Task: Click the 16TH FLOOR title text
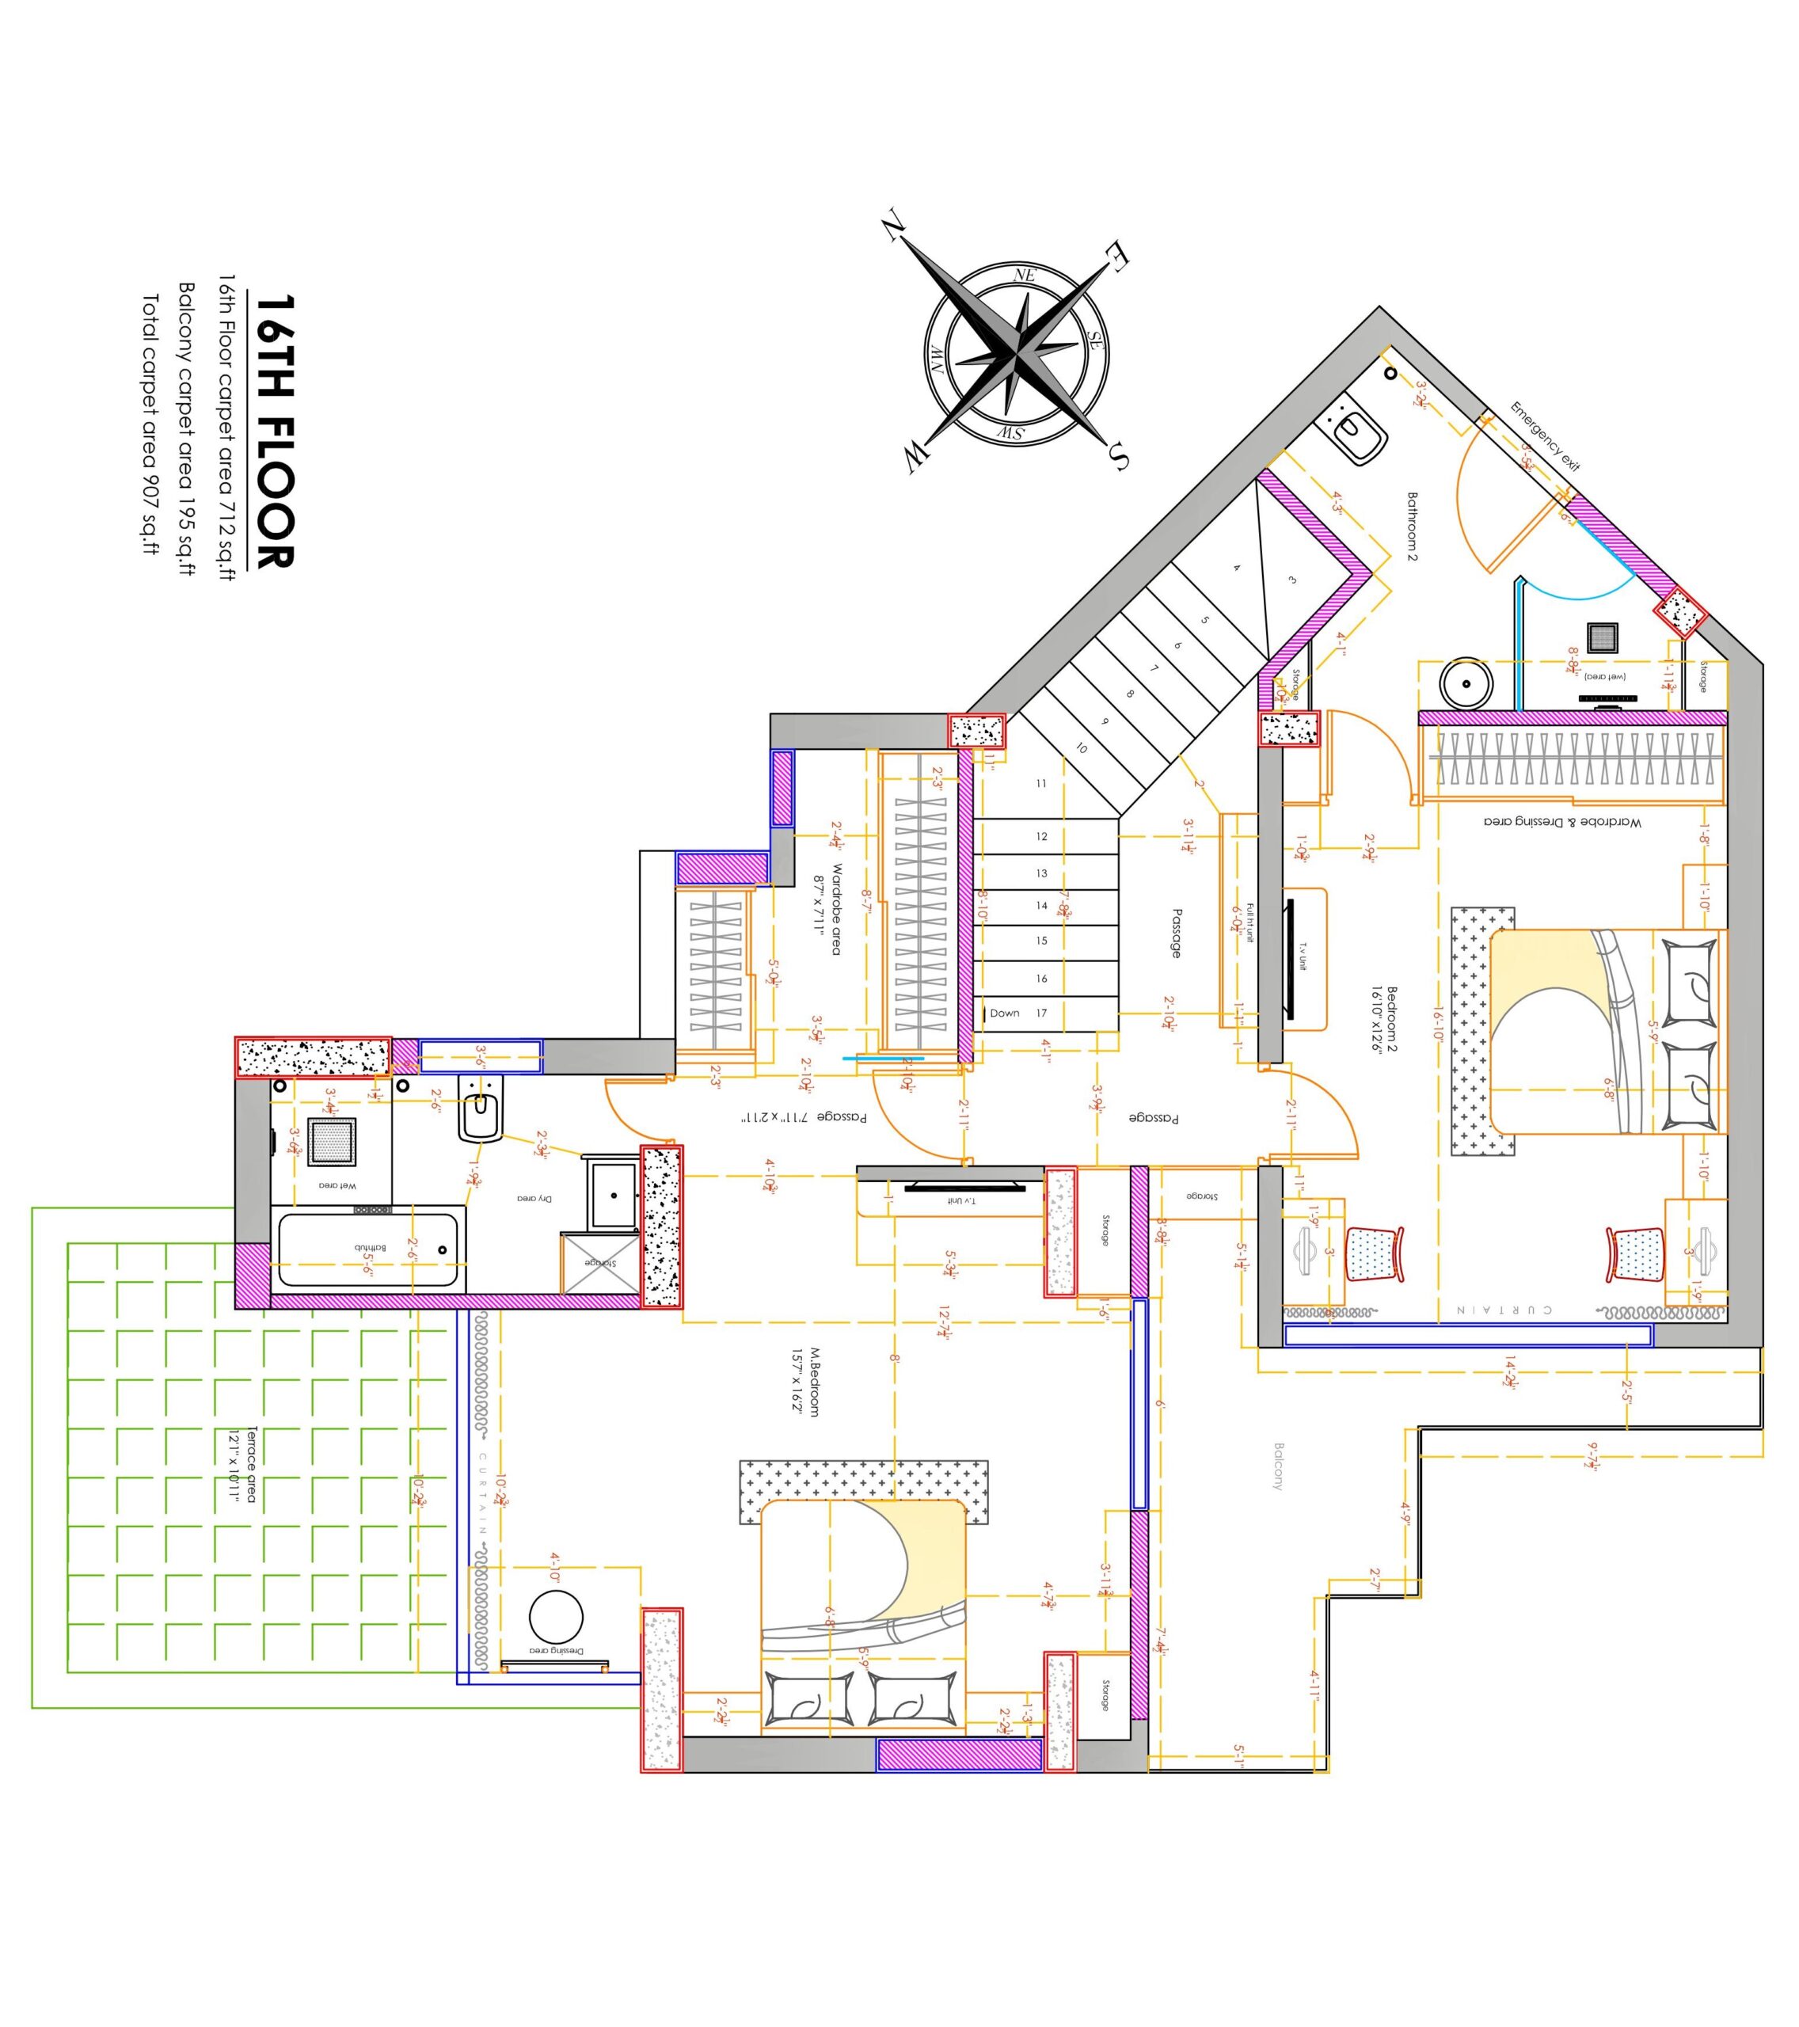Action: click(x=275, y=432)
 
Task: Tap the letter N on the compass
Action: click(x=893, y=227)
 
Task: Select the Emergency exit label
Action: click(x=1544, y=436)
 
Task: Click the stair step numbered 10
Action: click(x=1081, y=749)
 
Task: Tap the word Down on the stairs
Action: click(x=1005, y=1013)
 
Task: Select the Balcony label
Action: click(x=1278, y=1466)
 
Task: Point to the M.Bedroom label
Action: click(x=805, y=1382)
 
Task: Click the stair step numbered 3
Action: click(x=1292, y=581)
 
